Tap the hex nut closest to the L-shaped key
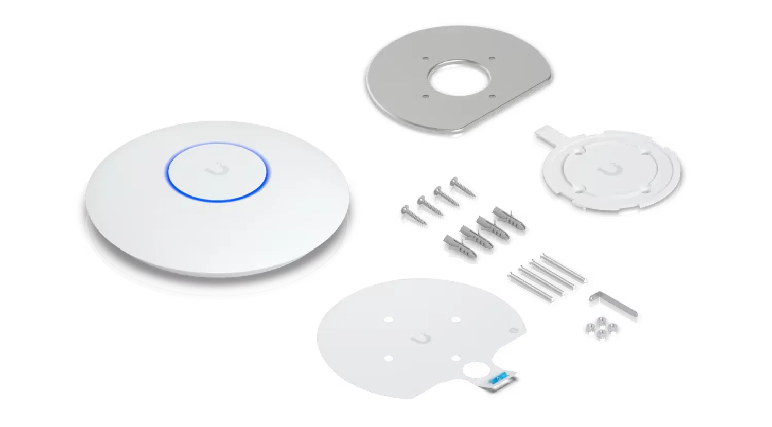(x=612, y=327)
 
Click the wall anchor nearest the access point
(x=453, y=242)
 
